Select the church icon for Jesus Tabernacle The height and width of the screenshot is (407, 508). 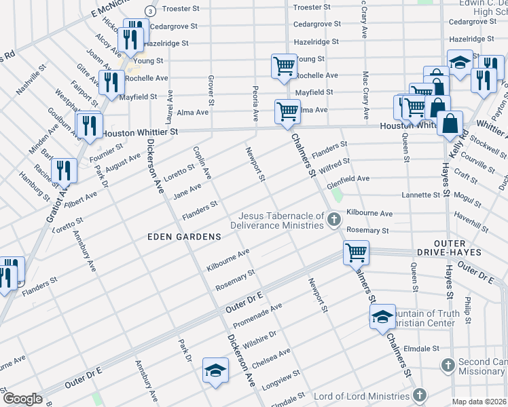coord(333,219)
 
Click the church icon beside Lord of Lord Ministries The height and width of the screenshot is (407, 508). coord(420,395)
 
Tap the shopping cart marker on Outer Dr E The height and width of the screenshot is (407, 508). coord(356,253)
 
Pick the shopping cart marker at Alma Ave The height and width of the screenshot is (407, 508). coord(288,111)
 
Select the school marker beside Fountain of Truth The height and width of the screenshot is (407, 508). coord(382,316)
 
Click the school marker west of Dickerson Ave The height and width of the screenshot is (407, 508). coord(215,370)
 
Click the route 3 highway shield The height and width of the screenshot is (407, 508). coord(149,11)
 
